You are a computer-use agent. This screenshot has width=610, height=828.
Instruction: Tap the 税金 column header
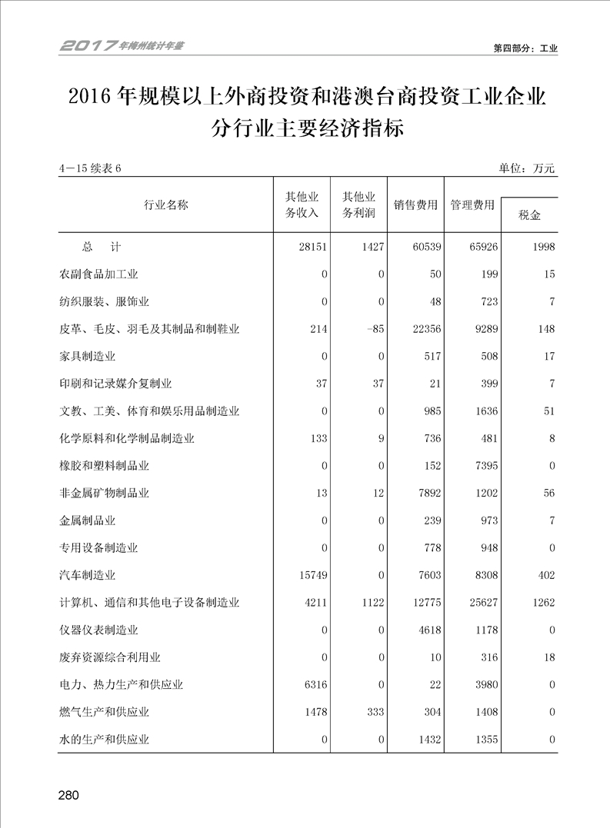pos(529,215)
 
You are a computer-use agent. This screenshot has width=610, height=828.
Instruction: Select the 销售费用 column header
pos(415,205)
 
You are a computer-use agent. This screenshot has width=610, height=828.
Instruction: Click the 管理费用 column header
pos(472,205)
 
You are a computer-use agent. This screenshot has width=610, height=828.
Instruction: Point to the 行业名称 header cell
pos(165,205)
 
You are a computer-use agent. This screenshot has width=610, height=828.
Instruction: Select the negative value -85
pos(373,329)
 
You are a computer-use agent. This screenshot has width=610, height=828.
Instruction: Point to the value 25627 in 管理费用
pos(482,603)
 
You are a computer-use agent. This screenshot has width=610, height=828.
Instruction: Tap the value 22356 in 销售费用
pos(422,329)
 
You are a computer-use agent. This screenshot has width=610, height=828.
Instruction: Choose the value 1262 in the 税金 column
pos(542,603)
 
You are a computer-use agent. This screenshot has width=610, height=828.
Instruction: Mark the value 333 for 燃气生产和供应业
pos(374,712)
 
